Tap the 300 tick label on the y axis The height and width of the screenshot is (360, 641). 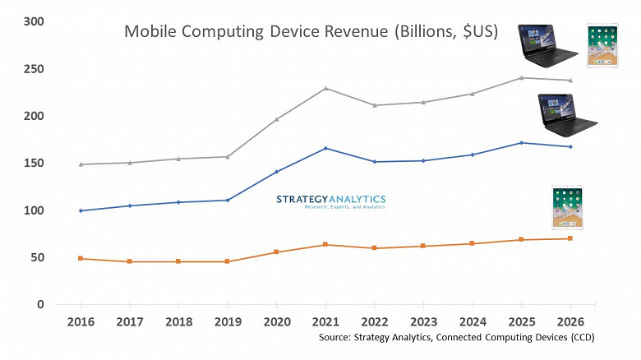[32, 21]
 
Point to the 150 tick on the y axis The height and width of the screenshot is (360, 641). [32, 164]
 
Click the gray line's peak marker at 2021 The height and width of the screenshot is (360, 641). [325, 88]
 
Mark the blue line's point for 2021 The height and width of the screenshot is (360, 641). [325, 148]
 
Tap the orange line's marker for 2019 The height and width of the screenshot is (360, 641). [228, 261]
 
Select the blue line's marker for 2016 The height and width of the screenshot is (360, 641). [81, 210]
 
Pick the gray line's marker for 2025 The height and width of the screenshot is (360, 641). [521, 78]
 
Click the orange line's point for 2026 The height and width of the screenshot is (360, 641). [570, 238]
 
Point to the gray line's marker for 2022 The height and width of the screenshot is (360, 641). [374, 105]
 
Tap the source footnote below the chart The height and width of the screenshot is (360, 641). [458, 338]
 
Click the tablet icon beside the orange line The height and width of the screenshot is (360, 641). [567, 208]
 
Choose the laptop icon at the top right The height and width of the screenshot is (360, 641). [544, 44]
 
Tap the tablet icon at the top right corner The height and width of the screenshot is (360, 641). [602, 46]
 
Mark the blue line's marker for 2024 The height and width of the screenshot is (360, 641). [472, 155]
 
